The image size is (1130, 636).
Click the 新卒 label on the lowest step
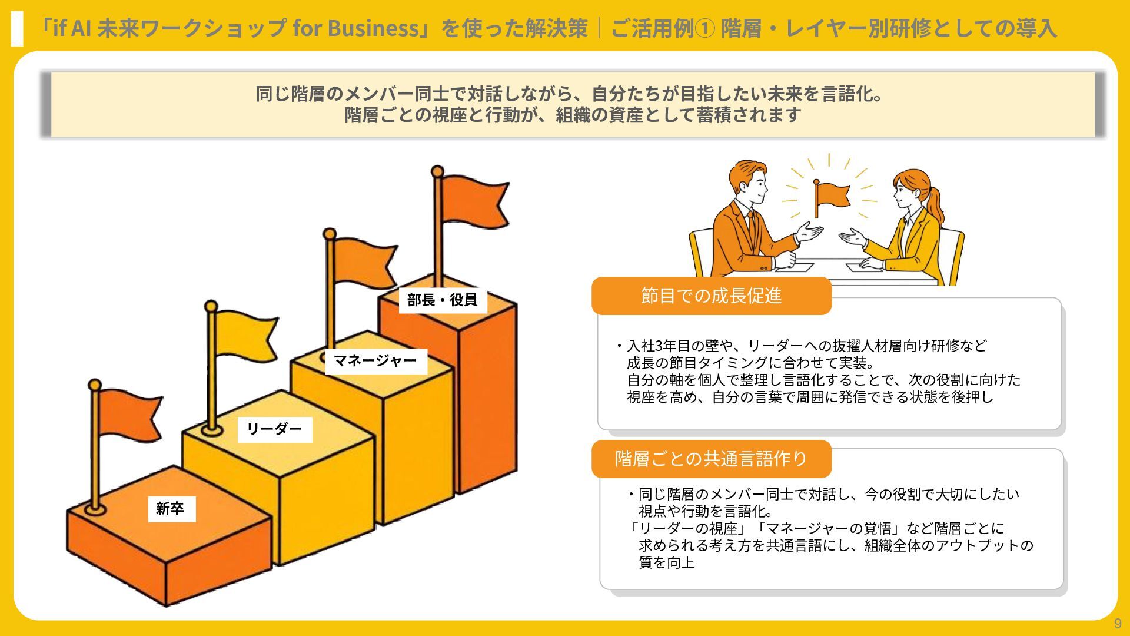click(171, 508)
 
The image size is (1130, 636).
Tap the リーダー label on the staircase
click(274, 429)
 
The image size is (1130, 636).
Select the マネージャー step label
click(375, 360)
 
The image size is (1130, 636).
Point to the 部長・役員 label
click(443, 300)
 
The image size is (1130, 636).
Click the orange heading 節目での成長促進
click(711, 296)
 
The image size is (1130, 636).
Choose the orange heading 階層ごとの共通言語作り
click(711, 459)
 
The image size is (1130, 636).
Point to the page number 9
click(1118, 624)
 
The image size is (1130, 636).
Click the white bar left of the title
click(17, 28)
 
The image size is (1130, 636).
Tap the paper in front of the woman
click(865, 268)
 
